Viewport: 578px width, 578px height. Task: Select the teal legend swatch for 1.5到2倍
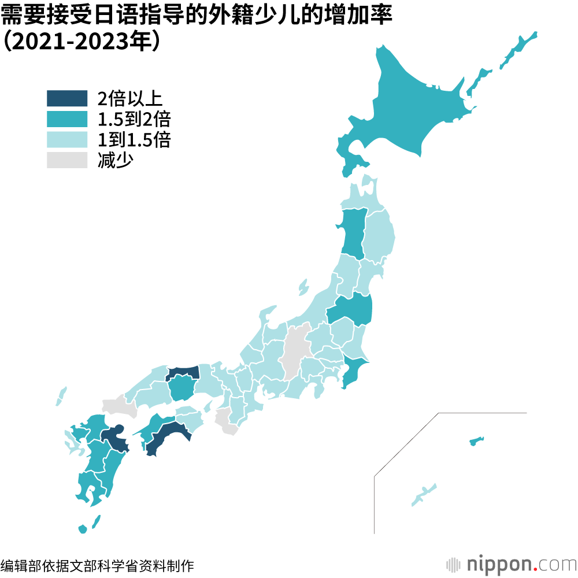[x=67, y=119]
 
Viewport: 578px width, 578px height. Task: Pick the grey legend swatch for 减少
[x=67, y=160]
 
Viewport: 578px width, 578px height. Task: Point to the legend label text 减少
[x=116, y=160]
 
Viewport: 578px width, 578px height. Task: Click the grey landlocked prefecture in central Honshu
[x=296, y=350]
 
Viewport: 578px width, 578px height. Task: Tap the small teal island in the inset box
[x=476, y=442]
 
